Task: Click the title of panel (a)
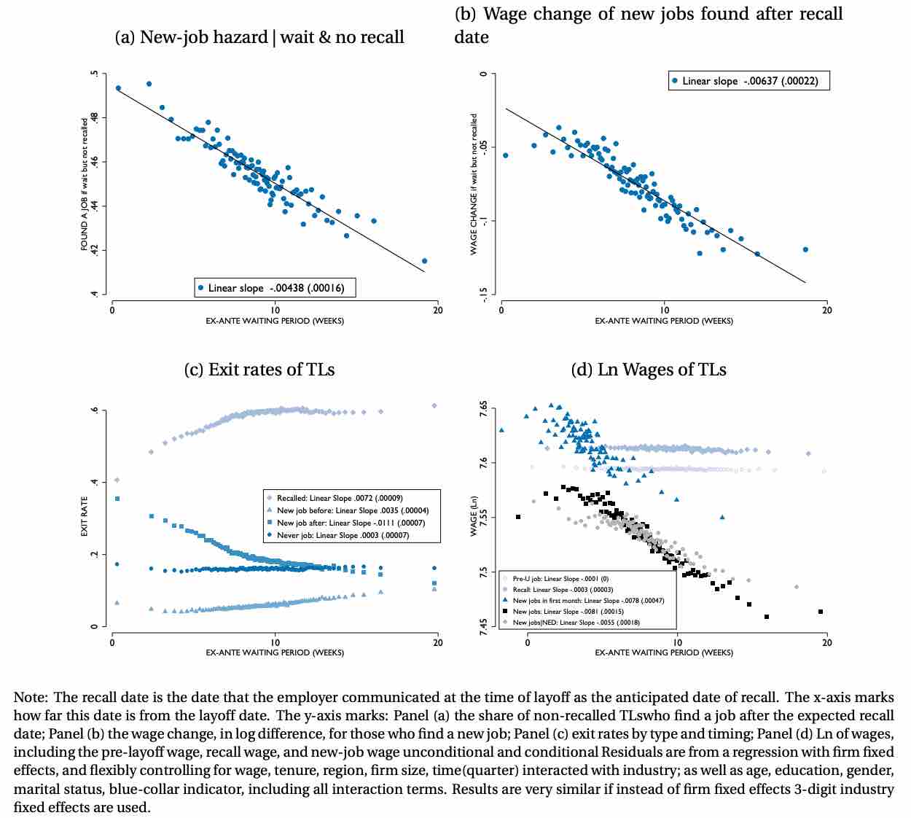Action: (259, 37)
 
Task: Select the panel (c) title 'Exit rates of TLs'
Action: (259, 370)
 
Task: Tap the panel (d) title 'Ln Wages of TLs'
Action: (648, 370)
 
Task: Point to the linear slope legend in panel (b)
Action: (748, 81)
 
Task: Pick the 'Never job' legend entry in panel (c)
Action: (343, 535)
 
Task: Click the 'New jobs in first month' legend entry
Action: (587, 601)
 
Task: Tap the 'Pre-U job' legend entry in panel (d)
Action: (560, 579)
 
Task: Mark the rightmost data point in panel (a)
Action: (425, 261)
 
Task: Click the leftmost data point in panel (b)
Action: (506, 155)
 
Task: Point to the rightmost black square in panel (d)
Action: (821, 612)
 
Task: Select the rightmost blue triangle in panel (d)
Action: (722, 517)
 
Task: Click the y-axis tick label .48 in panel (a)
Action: (93, 118)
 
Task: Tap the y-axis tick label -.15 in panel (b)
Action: (482, 294)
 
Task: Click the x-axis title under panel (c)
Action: (275, 653)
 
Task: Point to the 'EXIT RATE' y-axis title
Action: (85, 517)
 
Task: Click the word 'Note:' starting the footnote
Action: (31, 698)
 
